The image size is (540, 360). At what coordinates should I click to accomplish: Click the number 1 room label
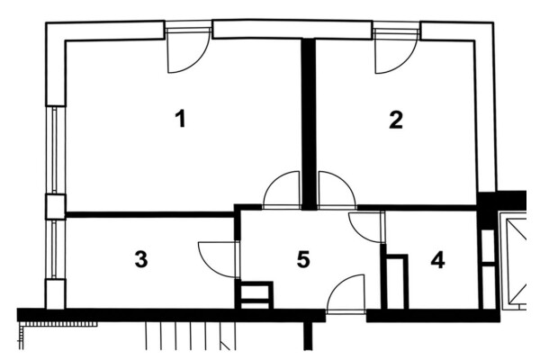pyautogui.click(x=181, y=119)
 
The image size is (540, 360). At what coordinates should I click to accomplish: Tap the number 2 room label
pyautogui.click(x=396, y=120)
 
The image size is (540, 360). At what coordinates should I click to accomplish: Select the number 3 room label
pyautogui.click(x=141, y=259)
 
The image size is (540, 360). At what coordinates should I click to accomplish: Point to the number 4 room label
pyautogui.click(x=437, y=260)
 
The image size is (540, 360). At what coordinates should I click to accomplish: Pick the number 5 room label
pyautogui.click(x=303, y=259)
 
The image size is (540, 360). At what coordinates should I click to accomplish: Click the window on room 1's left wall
pyautogui.click(x=55, y=150)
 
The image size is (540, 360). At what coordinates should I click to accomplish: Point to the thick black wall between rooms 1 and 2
pyautogui.click(x=309, y=124)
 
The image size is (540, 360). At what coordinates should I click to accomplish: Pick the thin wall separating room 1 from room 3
pyautogui.click(x=149, y=214)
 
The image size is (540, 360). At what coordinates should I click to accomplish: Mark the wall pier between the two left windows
pyautogui.click(x=56, y=207)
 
